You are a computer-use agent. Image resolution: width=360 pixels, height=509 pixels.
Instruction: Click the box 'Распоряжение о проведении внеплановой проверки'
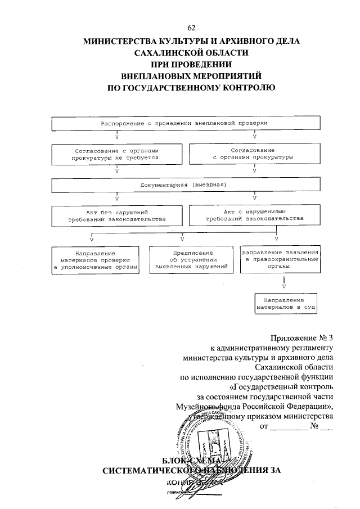(x=184, y=123)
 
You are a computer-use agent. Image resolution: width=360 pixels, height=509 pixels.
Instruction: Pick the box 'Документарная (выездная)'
(x=184, y=185)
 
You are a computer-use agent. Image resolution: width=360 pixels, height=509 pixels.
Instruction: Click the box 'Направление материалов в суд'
(x=285, y=304)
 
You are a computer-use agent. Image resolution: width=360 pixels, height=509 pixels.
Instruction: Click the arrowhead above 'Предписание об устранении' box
(x=182, y=240)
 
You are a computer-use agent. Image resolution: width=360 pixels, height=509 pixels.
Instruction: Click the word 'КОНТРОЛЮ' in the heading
(x=246, y=87)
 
